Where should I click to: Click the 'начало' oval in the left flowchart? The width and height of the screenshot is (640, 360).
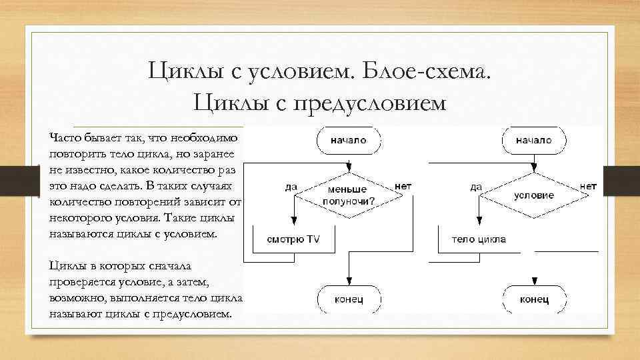coord(348,141)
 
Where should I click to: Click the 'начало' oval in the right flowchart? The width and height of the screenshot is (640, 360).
coord(533,141)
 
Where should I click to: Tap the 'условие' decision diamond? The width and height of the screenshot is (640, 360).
coord(533,194)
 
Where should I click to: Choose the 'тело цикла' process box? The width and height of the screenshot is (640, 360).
coord(478,239)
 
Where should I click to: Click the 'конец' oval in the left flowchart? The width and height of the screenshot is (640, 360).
coord(348,299)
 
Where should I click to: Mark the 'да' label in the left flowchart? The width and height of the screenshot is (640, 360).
coord(291,187)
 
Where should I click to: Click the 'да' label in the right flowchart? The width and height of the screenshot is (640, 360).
coord(475,187)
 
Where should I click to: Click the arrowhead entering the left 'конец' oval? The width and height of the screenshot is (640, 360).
coord(348,282)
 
